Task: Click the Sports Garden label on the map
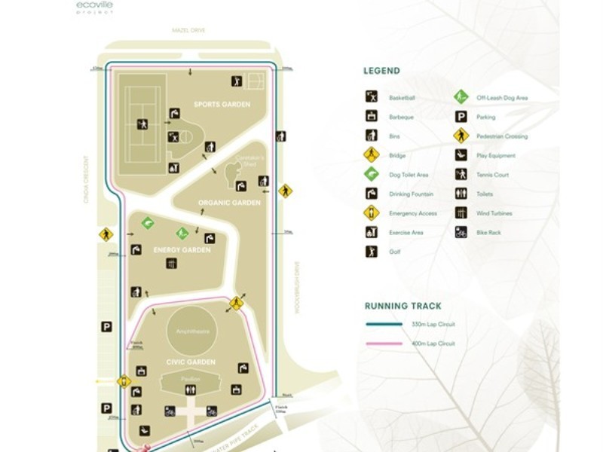[222, 105]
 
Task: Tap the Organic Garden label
[229, 203]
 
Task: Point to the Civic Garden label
[186, 362]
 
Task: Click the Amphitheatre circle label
[191, 331]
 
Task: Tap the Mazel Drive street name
[188, 30]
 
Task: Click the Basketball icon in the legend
[371, 97]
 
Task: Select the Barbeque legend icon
[371, 117]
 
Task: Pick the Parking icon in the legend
[461, 117]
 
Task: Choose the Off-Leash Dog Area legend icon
[461, 97]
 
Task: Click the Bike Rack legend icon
[461, 232]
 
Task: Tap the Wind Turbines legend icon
[461, 213]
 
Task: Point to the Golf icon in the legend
[371, 252]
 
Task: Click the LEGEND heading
[381, 72]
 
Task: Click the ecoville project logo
[94, 8]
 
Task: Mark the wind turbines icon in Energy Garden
[173, 264]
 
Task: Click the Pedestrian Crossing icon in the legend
[461, 136]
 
